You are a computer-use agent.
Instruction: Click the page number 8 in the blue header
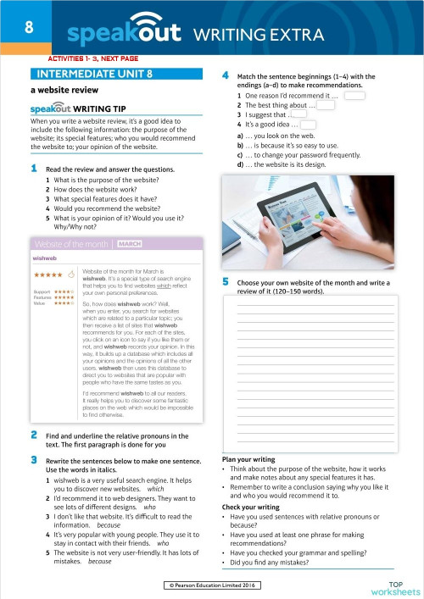(x=28, y=28)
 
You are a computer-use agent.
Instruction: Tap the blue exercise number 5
(x=226, y=280)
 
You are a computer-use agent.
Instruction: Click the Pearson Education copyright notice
(x=211, y=585)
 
